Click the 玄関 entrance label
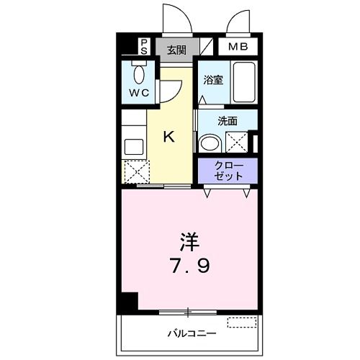[x=176, y=50]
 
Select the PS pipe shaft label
[x=144, y=48]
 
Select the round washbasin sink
[x=210, y=143]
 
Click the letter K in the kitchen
[x=168, y=136]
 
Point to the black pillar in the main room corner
[x=128, y=304]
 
